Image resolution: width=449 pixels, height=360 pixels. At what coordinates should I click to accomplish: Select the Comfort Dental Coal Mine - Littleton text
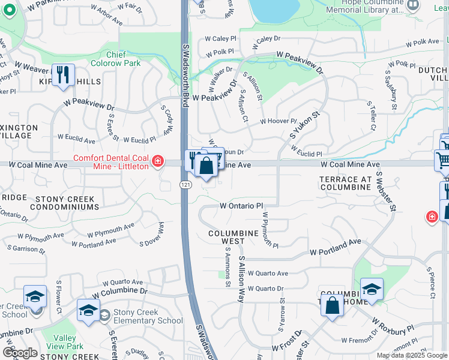(x=110, y=162)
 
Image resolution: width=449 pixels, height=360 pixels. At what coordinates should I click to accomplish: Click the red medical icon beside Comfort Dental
(x=157, y=161)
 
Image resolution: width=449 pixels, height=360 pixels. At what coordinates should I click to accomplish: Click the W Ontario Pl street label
(x=242, y=205)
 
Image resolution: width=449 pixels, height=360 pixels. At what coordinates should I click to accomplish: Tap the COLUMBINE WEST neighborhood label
(x=226, y=237)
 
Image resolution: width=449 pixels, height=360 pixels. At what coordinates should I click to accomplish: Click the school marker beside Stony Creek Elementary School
(x=88, y=311)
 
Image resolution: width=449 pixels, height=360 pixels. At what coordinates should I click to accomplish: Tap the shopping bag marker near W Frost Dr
(x=332, y=306)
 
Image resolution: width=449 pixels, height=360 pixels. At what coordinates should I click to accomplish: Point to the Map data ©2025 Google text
(x=412, y=355)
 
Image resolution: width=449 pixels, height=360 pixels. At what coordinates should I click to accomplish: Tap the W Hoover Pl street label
(x=278, y=121)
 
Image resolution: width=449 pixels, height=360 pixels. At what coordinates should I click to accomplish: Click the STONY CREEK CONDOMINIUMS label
(x=50, y=202)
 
